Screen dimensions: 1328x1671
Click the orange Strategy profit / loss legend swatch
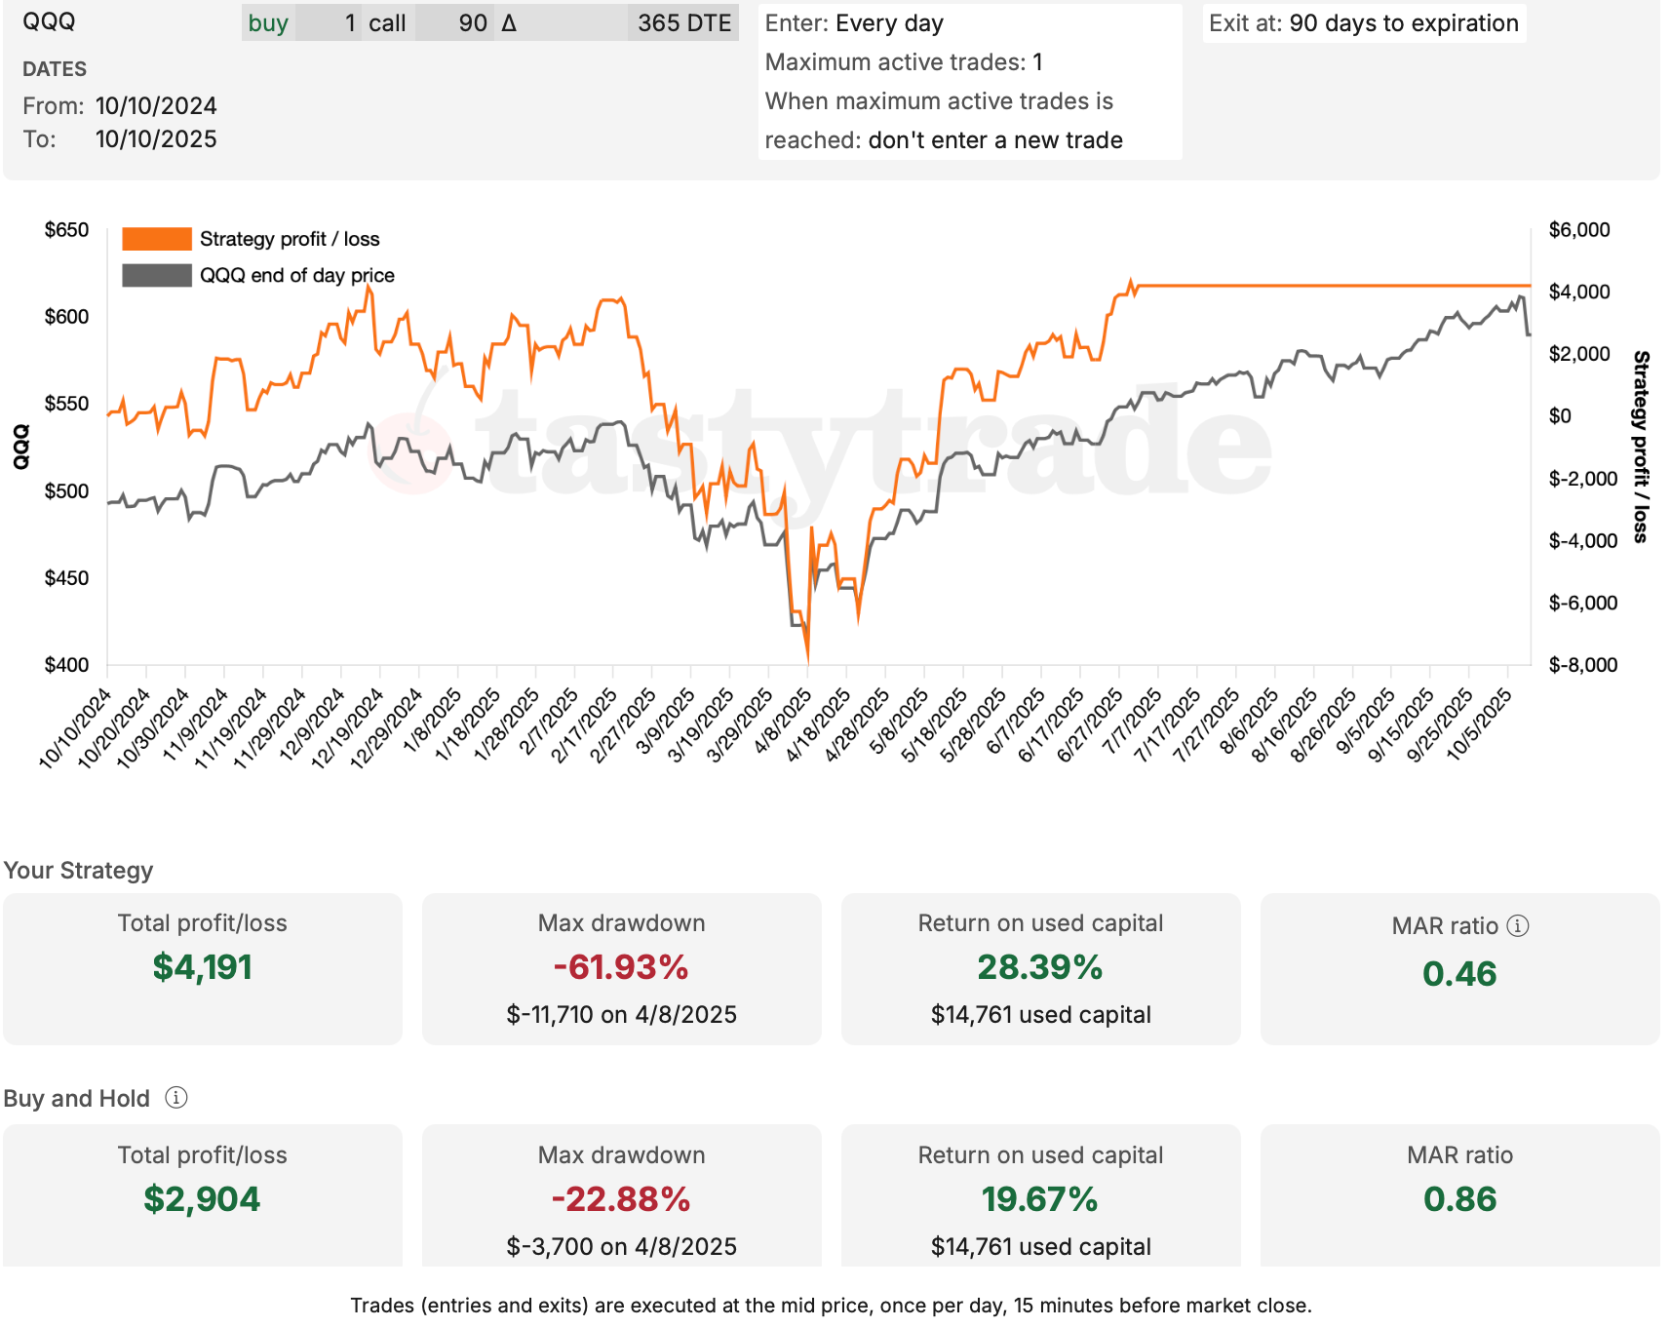coord(156,239)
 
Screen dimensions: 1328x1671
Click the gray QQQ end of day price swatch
coord(156,275)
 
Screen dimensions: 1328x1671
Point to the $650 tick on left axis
coord(66,230)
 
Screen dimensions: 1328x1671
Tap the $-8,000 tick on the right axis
coord(1582,665)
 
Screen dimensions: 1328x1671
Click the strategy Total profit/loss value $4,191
coord(202,967)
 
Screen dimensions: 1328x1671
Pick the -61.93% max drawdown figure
coord(621,967)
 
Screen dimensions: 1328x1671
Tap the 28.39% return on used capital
coord(1039,967)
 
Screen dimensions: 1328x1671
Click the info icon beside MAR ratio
coord(1518,925)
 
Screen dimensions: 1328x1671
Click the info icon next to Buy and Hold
coord(176,1098)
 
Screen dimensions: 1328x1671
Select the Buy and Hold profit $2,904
coord(202,1198)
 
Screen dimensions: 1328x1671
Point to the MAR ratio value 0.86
coord(1459,1198)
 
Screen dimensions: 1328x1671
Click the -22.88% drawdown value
coord(621,1198)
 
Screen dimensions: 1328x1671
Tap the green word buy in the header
coord(268,23)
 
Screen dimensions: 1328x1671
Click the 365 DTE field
coord(683,23)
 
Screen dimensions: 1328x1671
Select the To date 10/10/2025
coord(156,139)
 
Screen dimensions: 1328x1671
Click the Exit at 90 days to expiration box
coord(1363,23)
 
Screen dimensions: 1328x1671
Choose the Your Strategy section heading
coord(78,870)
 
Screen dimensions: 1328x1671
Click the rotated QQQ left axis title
coord(20,447)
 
